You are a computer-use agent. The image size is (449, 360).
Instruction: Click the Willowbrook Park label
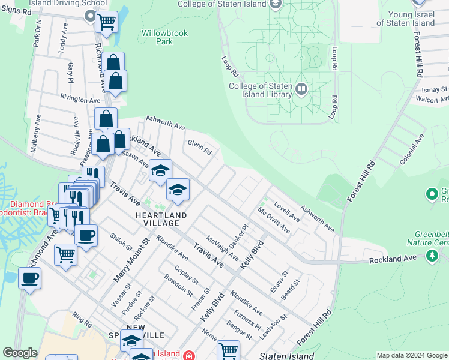[157, 37]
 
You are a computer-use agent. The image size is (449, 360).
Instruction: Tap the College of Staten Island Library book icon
[301, 90]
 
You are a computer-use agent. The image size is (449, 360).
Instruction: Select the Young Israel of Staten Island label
[406, 19]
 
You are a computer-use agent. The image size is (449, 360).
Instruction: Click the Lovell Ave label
[287, 212]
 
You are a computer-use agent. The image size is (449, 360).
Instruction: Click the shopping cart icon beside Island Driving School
[106, 22]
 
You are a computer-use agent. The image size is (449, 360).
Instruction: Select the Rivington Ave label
[80, 99]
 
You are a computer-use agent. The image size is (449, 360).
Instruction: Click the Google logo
[20, 353]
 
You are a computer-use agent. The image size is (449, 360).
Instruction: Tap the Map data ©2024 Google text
[411, 355]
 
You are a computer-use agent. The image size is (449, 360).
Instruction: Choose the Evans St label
[279, 281]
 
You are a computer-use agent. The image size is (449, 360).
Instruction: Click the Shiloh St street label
[121, 242]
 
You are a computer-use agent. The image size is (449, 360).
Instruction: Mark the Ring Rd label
[82, 319]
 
